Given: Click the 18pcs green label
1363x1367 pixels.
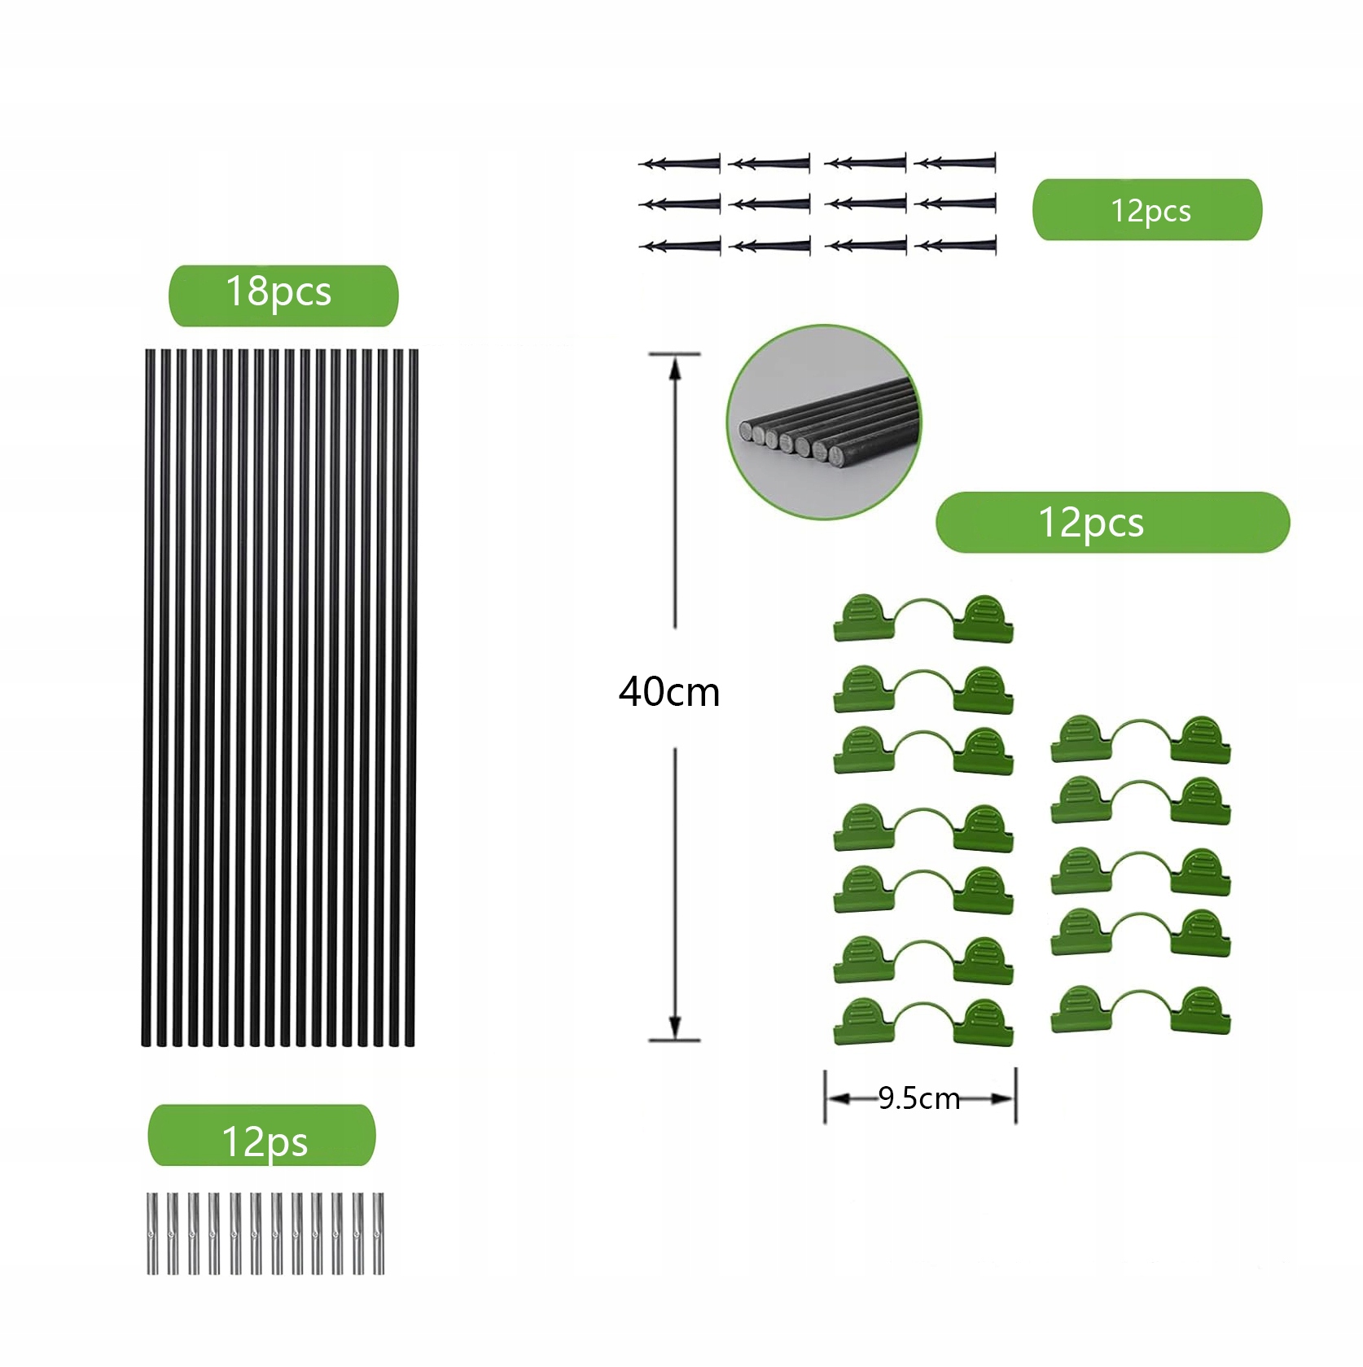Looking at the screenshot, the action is [283, 295].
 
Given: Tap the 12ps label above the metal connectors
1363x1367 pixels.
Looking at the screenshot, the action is [262, 1136].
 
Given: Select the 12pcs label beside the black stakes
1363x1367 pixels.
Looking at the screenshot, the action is [1146, 210].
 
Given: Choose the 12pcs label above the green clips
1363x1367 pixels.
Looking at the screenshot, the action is [1111, 523].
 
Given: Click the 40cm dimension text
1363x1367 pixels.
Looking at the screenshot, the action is [669, 692].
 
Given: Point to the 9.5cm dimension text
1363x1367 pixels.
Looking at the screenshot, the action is [919, 1099].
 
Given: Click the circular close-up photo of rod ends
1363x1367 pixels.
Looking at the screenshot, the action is [824, 422].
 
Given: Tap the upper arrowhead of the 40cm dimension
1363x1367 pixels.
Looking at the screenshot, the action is [674, 369].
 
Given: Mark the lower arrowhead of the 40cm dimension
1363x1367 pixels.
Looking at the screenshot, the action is [674, 1027].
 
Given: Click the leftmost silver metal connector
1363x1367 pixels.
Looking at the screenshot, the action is [152, 1233].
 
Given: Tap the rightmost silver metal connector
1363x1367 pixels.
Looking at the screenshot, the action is [379, 1233].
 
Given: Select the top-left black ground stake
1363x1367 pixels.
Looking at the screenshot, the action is [680, 164].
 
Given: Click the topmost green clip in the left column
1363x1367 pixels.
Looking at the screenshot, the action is [923, 619].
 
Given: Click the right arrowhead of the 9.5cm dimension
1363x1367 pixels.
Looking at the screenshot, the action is [1004, 1099].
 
